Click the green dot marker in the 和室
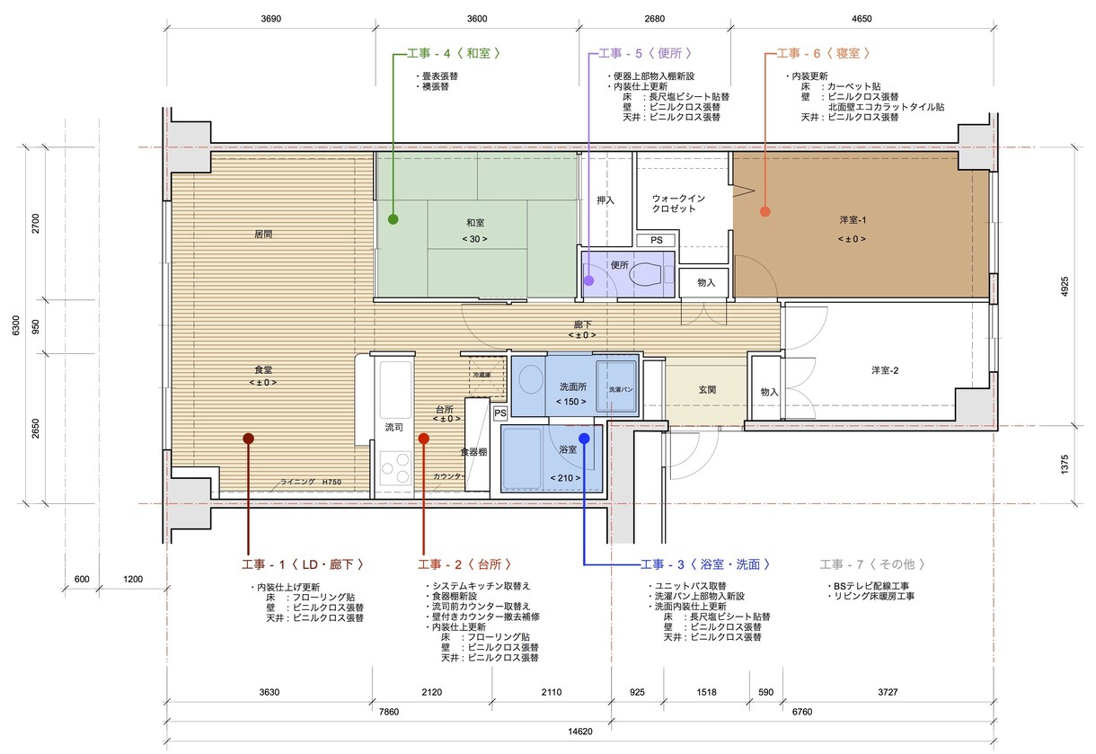(393, 219)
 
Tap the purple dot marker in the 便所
(589, 280)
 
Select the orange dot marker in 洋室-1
(765, 211)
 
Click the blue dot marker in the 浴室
(584, 439)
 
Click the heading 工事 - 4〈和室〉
(454, 53)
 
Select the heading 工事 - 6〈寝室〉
(824, 53)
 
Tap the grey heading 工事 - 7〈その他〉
(872, 564)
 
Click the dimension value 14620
(580, 732)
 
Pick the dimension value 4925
(1065, 287)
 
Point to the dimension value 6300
(16, 325)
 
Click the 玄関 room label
(708, 390)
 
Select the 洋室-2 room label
(885, 370)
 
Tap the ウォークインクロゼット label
(678, 203)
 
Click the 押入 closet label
(605, 200)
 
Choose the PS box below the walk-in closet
(656, 240)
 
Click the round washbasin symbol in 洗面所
(531, 379)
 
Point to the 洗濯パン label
(621, 390)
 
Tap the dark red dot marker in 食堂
(249, 439)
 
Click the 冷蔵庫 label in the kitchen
(482, 375)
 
